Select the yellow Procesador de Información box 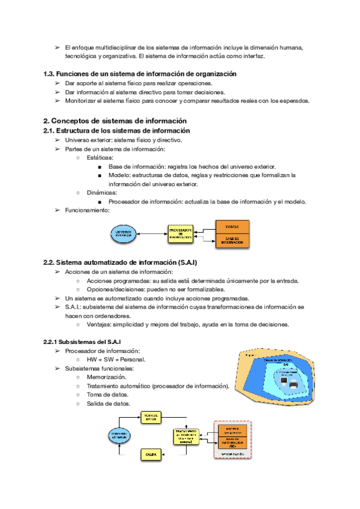181,234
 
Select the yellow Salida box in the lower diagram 151,455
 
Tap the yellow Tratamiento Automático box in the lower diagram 187,436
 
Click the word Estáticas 100,158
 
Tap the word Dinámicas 102,193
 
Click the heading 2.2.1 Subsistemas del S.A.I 82,342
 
